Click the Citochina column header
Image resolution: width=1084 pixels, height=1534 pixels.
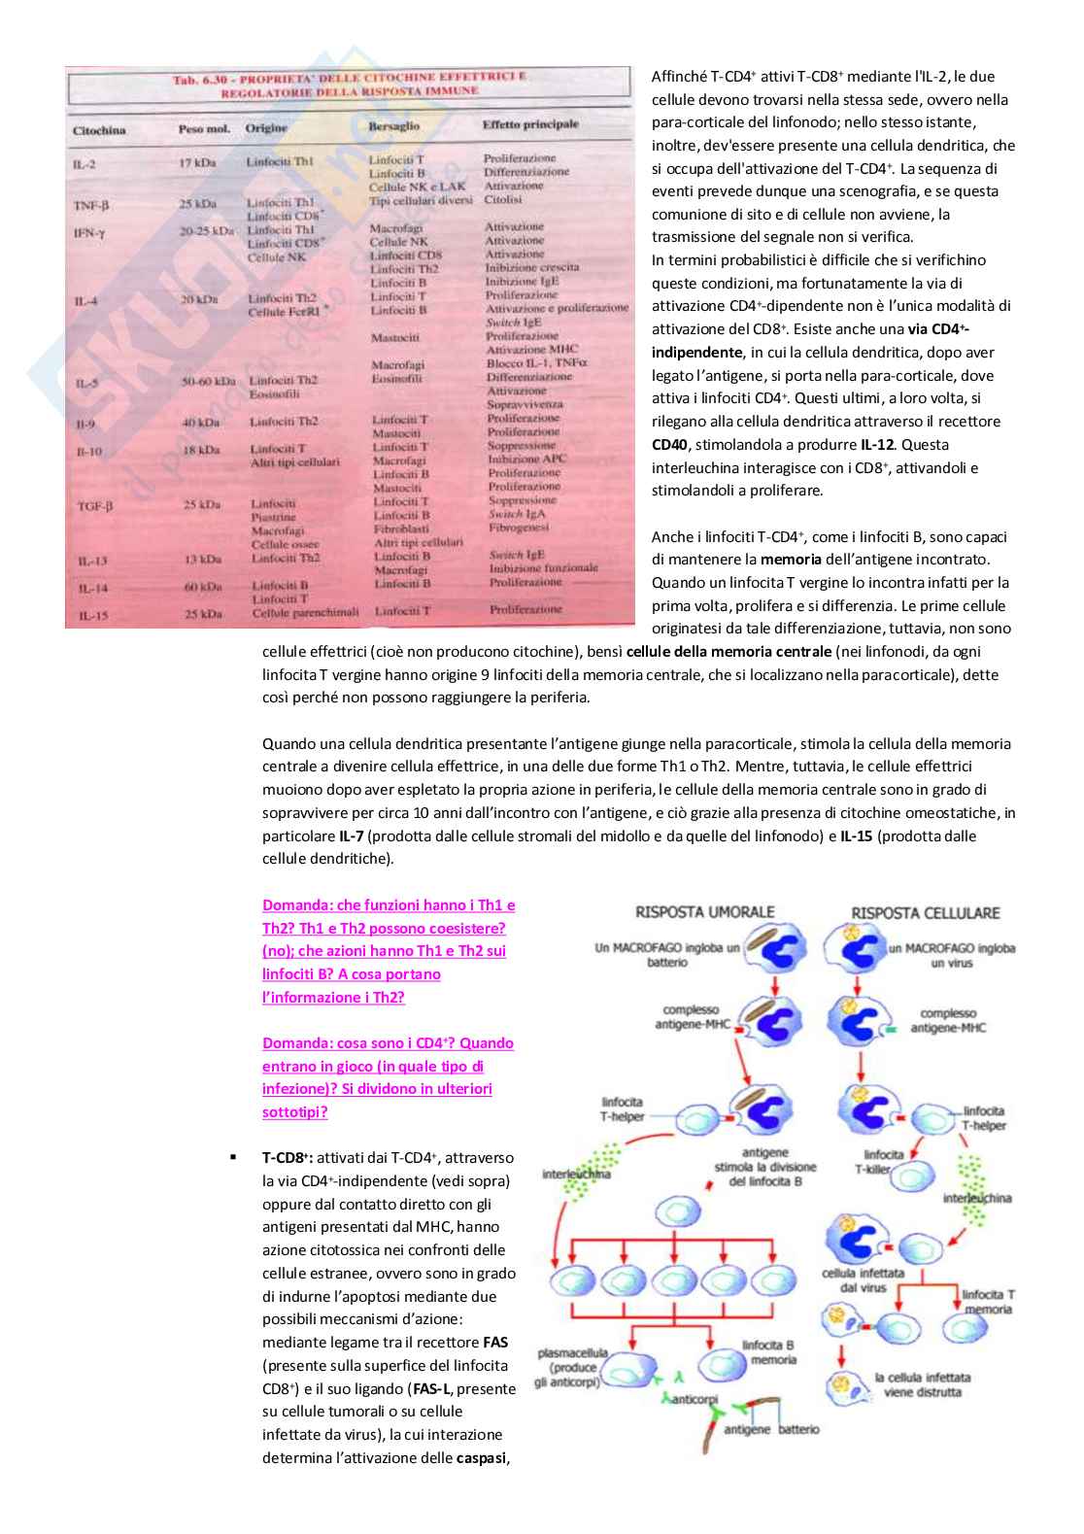tap(99, 130)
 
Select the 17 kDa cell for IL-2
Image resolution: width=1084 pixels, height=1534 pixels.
tap(197, 162)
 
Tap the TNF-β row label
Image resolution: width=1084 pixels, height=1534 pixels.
tap(91, 205)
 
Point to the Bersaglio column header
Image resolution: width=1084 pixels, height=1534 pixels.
tap(394, 126)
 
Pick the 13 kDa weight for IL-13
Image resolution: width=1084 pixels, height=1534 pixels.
tap(202, 559)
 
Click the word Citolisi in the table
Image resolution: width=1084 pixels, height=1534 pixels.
tap(503, 199)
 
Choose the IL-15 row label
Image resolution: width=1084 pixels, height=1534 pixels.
tap(93, 615)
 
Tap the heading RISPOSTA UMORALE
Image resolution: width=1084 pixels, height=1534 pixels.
tap(704, 912)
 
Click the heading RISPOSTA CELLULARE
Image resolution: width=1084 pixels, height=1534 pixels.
tap(925, 913)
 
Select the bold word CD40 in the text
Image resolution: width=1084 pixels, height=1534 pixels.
tap(669, 445)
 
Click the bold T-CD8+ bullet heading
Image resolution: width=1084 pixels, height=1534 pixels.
tap(287, 1158)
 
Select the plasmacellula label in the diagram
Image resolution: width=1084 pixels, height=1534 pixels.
tap(572, 1352)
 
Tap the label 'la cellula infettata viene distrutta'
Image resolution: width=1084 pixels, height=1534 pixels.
tap(922, 1384)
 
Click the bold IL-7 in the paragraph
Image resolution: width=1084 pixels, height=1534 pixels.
tap(351, 836)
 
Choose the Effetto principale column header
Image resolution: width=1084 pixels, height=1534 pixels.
tap(530, 124)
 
